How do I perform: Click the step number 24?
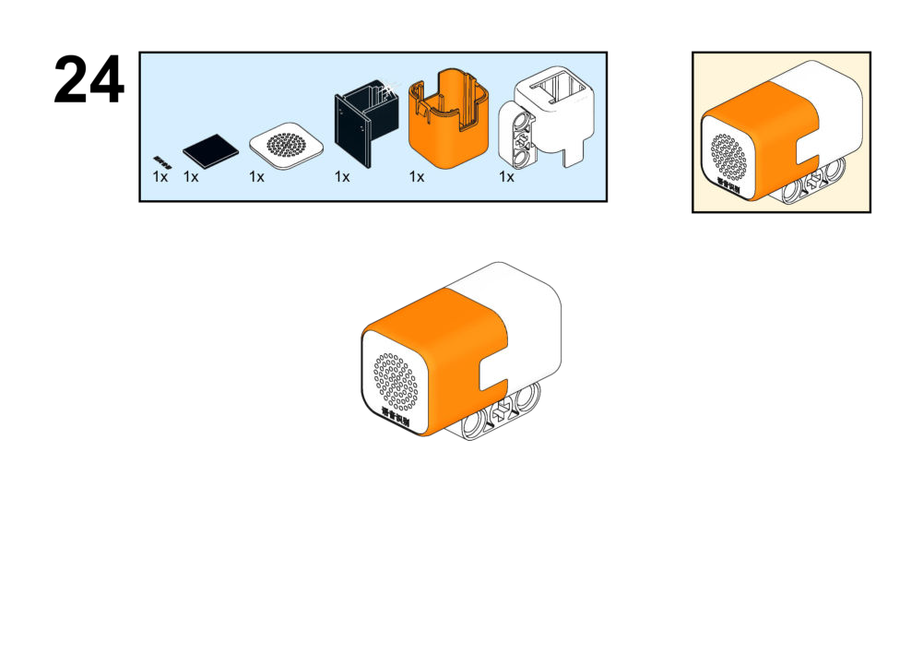coord(89,80)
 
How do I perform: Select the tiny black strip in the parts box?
coord(162,160)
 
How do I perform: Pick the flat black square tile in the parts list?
coord(209,149)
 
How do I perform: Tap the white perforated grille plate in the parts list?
coord(289,146)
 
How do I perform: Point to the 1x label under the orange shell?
coord(417,176)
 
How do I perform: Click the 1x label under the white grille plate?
coord(256,176)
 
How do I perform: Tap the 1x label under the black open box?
coord(342,176)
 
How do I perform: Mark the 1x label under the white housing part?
coord(506,176)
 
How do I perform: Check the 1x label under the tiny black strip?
coord(160,176)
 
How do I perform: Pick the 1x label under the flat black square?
coord(191,176)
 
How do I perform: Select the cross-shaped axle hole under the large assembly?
coord(502,414)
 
